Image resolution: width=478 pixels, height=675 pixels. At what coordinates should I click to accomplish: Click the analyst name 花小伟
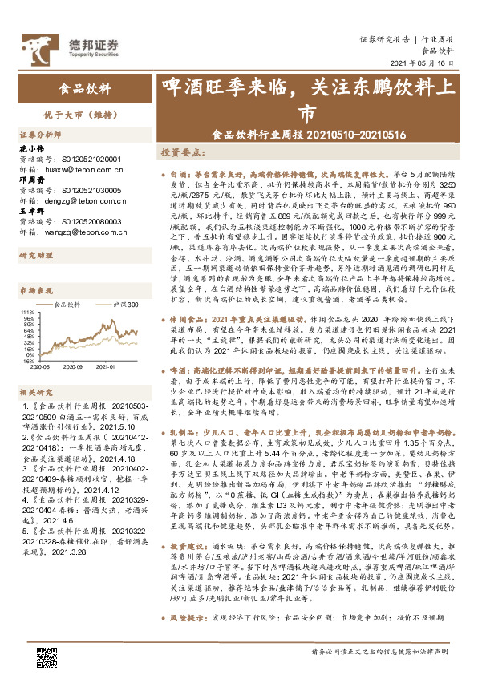[x=30, y=149]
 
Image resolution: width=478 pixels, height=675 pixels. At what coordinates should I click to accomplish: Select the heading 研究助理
[x=35, y=255]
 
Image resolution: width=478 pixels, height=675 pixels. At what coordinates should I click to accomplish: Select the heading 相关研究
[x=35, y=392]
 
